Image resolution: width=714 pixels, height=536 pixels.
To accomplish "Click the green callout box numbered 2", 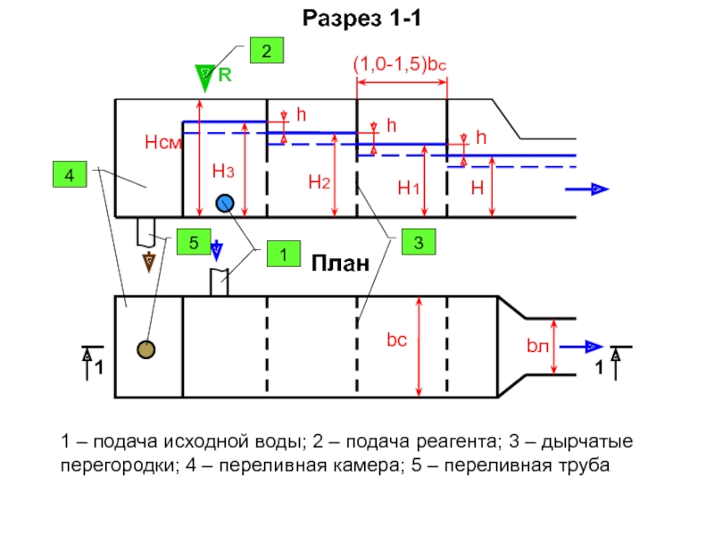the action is click(267, 50).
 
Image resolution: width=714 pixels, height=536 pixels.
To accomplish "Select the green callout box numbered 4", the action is click(70, 174).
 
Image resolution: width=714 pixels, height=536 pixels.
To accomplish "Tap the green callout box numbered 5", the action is click(194, 241).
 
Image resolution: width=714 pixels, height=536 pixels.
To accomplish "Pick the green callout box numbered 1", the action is click(284, 254).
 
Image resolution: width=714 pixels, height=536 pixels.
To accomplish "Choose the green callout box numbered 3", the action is click(419, 241).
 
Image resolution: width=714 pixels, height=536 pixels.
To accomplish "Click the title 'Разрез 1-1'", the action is click(362, 18).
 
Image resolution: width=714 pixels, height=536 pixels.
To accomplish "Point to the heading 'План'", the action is click(340, 264).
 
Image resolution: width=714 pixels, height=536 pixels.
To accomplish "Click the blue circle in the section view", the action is click(225, 204).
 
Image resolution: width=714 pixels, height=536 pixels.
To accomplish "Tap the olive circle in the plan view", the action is click(146, 349).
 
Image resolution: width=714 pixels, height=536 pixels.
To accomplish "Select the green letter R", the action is click(225, 75).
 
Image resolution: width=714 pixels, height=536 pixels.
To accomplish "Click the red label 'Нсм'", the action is click(163, 142).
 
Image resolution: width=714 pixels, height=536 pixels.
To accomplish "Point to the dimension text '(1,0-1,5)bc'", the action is click(400, 63).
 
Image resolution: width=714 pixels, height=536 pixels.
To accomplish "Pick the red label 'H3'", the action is click(223, 172).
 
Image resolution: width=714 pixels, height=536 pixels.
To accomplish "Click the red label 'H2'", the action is click(319, 182).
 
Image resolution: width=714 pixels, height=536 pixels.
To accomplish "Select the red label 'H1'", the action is click(409, 188).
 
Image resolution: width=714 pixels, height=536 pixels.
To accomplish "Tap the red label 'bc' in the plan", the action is click(396, 340).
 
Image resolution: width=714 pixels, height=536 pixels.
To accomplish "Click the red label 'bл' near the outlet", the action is click(538, 346).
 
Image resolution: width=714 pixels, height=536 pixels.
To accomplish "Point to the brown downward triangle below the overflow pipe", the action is click(149, 262).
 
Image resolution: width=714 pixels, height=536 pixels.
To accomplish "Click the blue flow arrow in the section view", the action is click(587, 188).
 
